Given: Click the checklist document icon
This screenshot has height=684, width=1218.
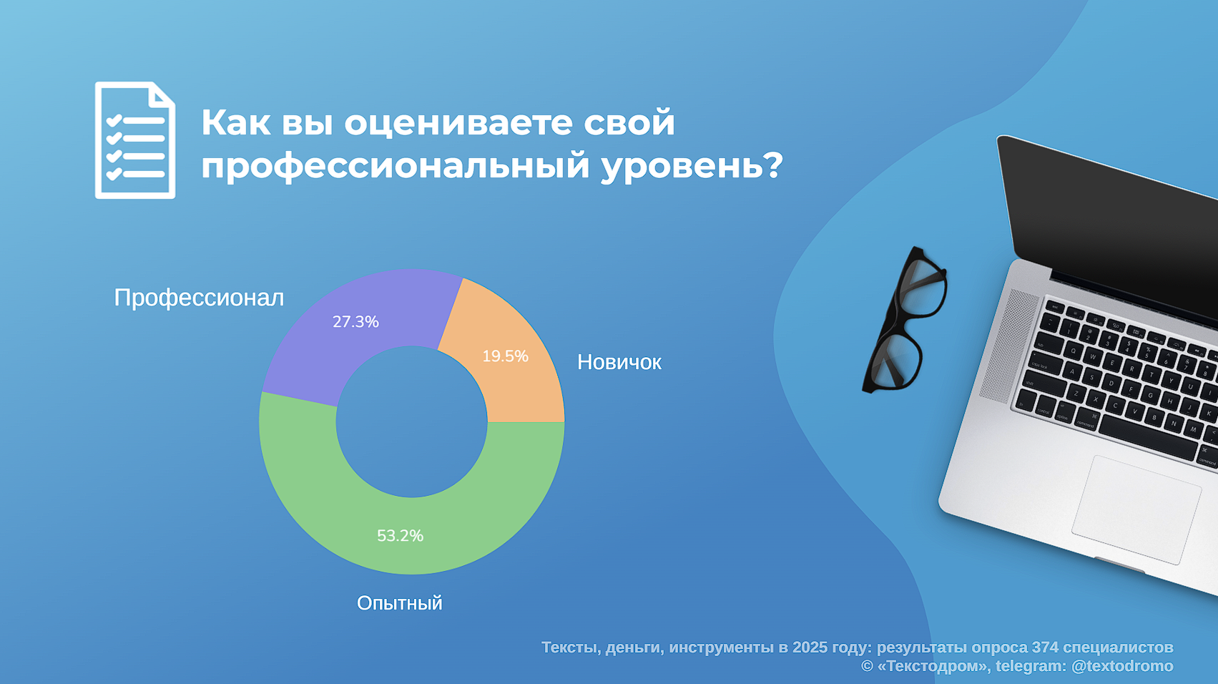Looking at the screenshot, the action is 135,140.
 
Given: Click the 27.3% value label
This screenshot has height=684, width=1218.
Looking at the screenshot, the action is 355,321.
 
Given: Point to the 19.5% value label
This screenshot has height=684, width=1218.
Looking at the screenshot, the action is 505,356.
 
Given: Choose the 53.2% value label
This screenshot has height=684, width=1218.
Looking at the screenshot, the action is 401,535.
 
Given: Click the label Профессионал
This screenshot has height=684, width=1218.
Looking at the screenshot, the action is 199,298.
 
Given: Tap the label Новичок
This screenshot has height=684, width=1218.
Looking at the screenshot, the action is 619,362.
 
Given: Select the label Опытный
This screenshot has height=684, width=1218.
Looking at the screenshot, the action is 400,603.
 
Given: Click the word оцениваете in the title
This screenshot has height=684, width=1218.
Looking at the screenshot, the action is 458,122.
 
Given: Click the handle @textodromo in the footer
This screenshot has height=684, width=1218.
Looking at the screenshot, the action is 1122,665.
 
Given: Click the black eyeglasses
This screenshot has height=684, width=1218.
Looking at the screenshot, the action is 905,320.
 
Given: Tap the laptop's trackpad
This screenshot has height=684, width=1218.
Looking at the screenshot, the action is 1136,510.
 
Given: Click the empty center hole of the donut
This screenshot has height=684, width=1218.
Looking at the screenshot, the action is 412,421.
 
